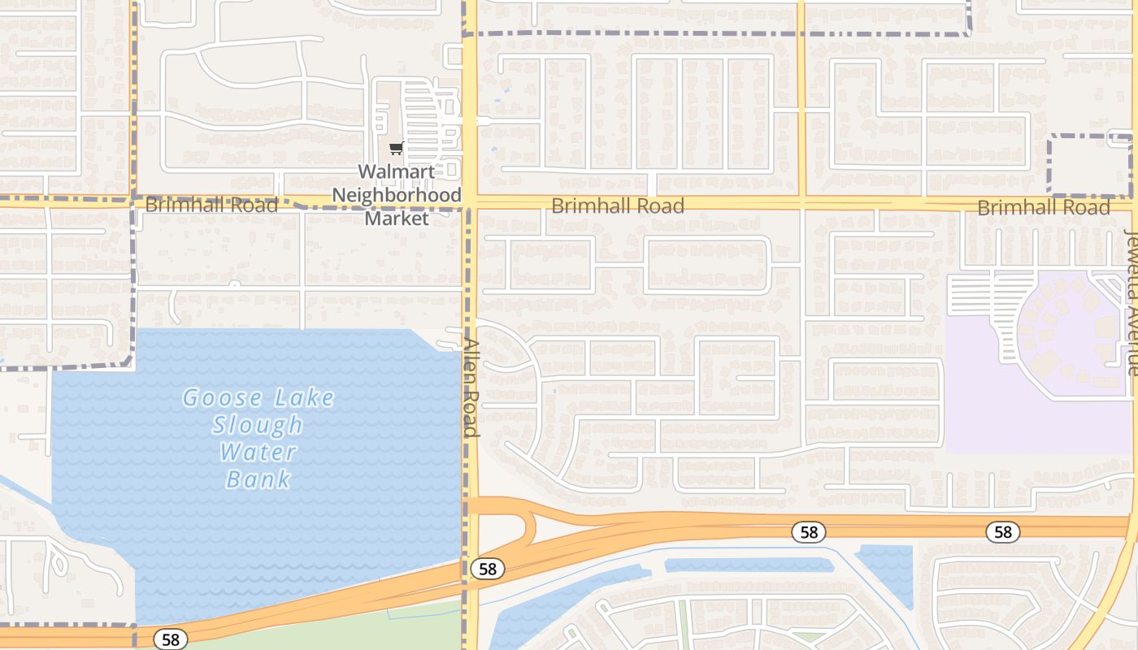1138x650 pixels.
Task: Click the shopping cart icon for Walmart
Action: click(x=396, y=148)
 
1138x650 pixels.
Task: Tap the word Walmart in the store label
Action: click(x=396, y=171)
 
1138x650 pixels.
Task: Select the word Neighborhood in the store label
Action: click(x=397, y=195)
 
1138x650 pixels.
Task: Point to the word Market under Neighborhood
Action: click(x=396, y=218)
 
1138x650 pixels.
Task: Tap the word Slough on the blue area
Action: click(x=258, y=425)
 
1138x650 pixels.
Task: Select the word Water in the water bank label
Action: click(x=258, y=452)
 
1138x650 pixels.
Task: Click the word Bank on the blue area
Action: click(x=258, y=479)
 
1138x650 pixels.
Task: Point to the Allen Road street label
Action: click(x=471, y=386)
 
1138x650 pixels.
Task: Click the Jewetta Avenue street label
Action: click(x=1131, y=302)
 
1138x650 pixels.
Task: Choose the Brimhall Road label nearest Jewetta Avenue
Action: click(x=1043, y=207)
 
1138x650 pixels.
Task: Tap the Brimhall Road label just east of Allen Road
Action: click(x=618, y=206)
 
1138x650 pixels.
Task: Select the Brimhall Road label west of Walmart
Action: click(x=211, y=204)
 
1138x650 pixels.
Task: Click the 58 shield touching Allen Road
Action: click(x=487, y=569)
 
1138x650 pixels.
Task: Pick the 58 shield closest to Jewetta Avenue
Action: click(x=1003, y=532)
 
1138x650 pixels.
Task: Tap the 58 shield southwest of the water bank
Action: click(x=170, y=639)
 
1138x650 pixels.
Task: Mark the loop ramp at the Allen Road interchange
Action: click(x=528, y=526)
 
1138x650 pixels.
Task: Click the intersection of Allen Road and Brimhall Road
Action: click(x=470, y=202)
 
